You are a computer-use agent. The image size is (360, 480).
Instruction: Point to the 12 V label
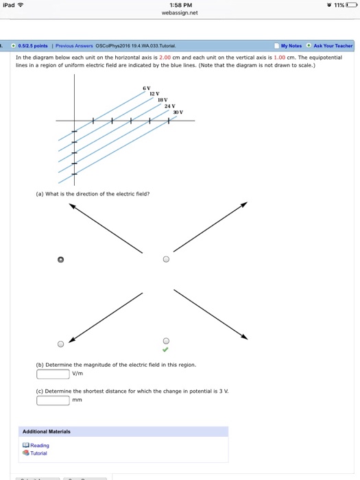pos(154,94)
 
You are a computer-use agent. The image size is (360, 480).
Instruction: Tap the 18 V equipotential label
pos(163,100)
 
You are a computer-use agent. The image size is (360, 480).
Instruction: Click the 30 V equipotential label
pos(178,112)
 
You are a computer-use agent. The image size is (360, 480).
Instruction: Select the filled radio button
pos(61,260)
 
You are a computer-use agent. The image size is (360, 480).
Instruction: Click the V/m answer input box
pos(53,374)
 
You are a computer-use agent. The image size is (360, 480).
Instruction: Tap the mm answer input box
pos(53,400)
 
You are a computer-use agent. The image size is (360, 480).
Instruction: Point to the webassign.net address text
pos(179,13)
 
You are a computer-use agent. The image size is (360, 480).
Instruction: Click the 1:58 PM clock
pos(180,5)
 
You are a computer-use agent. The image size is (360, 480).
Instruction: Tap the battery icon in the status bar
pos(348,5)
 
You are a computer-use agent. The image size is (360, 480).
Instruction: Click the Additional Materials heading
pos(46,431)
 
